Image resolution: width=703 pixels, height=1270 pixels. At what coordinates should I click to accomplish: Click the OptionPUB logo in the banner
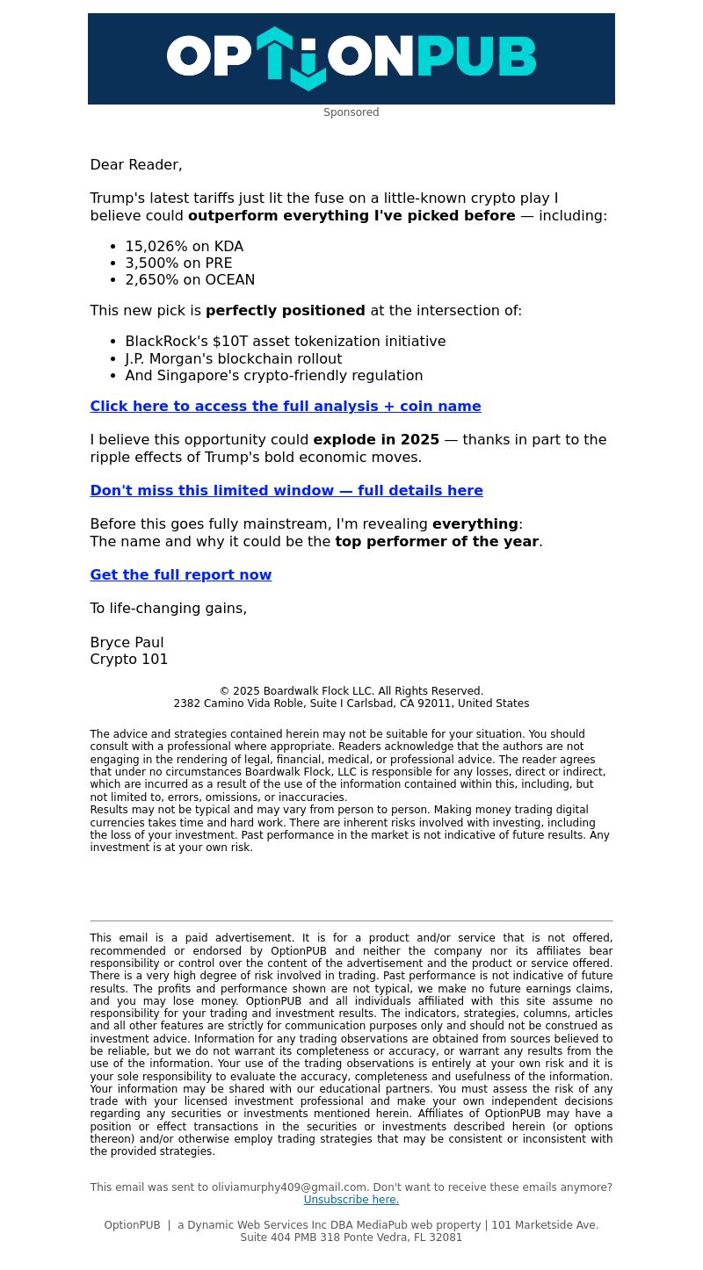351,58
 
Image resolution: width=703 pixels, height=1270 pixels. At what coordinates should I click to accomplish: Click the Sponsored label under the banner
351,112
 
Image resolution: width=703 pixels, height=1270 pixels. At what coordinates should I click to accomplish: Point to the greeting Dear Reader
136,165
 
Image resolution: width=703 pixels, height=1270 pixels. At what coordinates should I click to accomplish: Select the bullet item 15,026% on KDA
184,247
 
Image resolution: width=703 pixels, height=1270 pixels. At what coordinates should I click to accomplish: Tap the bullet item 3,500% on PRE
178,263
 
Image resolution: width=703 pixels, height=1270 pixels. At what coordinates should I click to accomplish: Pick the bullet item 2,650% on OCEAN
190,280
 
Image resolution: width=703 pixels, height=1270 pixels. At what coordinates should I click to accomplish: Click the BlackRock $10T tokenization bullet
285,342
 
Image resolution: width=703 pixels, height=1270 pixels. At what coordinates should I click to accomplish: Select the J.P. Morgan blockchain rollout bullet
233,359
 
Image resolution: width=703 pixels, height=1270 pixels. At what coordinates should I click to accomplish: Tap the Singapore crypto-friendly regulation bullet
273,376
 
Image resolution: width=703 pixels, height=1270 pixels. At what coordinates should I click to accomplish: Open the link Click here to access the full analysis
286,407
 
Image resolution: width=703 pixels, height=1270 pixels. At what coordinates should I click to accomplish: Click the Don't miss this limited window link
286,491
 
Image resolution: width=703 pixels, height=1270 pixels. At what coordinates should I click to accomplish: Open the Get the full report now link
181,575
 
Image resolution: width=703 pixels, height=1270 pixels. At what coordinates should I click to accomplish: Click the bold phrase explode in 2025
376,440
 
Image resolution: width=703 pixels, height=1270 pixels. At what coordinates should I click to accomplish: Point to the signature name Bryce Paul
127,643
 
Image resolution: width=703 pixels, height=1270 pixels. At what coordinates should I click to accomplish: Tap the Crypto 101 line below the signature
129,660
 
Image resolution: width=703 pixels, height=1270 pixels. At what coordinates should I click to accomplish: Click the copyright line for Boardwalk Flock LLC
351,691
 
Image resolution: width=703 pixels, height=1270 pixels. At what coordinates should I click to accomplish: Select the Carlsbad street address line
351,704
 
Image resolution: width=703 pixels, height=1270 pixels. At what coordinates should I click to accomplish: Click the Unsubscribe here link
351,1200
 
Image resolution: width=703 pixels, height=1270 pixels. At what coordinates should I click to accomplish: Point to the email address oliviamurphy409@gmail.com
289,1187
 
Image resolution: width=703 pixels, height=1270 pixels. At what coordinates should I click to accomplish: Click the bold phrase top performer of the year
437,542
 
